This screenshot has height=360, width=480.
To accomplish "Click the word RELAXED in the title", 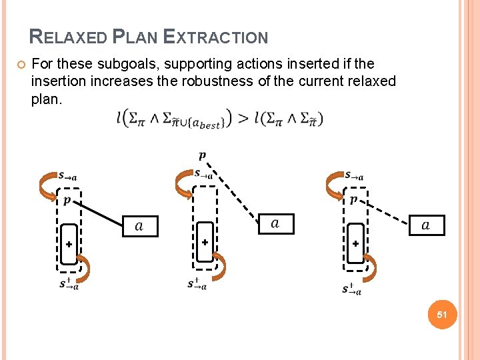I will (x=69, y=37).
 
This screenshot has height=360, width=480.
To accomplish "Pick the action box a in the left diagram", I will (x=140, y=226).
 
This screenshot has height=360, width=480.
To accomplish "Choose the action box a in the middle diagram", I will (x=275, y=223).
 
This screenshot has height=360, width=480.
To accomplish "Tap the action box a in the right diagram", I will (x=426, y=225).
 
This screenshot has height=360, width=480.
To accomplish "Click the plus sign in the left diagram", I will (x=69, y=244).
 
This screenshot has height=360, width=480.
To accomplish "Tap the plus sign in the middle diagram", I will (x=205, y=243).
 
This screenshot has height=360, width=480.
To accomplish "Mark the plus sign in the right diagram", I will (x=355, y=244).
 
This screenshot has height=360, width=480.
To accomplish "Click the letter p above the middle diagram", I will (x=202, y=156).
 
